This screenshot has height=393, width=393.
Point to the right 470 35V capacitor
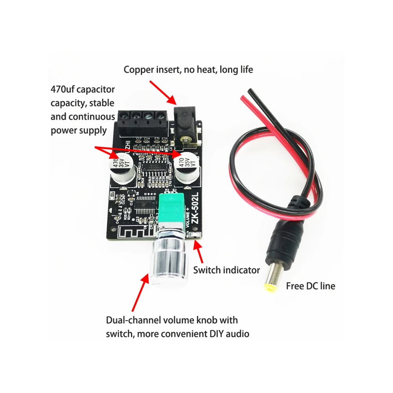coord(187,167)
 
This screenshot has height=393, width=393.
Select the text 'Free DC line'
coord(310,286)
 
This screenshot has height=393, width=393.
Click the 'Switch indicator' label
coord(227,270)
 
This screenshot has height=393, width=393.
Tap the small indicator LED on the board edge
coord(195,235)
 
